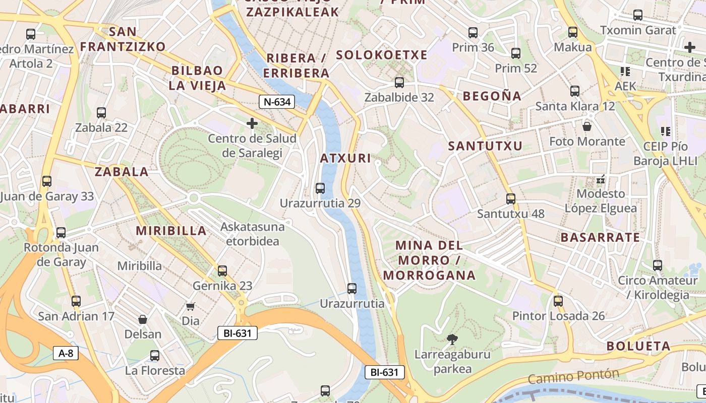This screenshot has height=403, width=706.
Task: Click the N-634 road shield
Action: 277,102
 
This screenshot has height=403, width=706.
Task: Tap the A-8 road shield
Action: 66,353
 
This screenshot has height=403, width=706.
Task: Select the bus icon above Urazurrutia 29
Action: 320,188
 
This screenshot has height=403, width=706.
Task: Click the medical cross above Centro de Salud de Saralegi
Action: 252,123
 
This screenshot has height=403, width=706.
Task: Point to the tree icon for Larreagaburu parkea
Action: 452,339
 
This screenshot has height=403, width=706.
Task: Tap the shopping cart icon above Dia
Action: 190,306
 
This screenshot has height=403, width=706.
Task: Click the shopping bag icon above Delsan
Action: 143,319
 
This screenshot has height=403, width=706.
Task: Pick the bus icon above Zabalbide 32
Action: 399,82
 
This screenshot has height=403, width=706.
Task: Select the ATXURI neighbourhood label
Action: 345,158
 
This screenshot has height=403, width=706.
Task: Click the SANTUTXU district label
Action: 485,146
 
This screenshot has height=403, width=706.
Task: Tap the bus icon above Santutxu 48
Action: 511,199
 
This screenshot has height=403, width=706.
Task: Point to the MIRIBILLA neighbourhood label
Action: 171,231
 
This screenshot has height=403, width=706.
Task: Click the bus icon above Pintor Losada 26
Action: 558,301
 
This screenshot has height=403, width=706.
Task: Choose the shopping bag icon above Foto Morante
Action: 587,126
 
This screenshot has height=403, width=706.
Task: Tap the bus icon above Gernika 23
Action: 222,271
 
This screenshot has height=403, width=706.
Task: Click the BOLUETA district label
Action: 638,346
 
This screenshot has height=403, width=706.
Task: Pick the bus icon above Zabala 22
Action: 101,113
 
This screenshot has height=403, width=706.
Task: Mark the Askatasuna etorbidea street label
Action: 252,234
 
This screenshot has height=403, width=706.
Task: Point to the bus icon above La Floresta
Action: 155,356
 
